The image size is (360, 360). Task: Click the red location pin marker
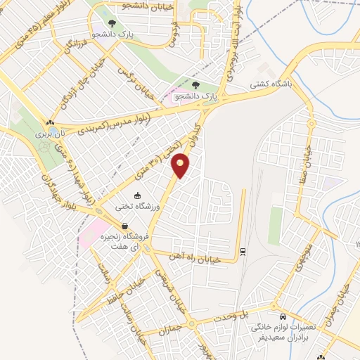point(181,166)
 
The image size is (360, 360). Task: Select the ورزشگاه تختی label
point(138,207)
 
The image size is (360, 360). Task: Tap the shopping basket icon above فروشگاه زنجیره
point(124,226)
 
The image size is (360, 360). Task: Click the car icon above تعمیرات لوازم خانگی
point(282,316)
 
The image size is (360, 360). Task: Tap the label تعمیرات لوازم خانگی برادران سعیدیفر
point(286,332)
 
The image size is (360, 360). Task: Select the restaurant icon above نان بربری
point(50,122)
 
